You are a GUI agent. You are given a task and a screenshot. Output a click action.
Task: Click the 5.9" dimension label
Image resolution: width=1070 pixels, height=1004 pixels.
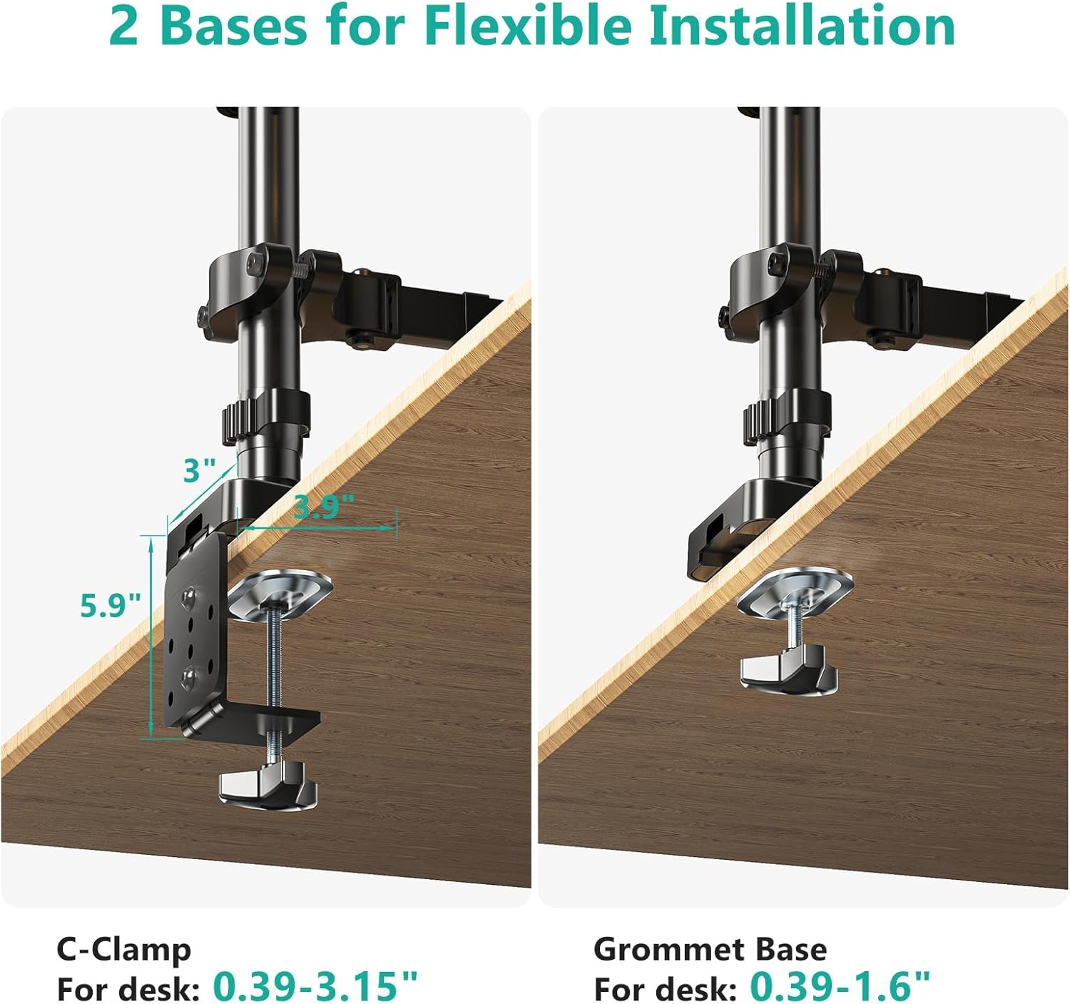(x=111, y=605)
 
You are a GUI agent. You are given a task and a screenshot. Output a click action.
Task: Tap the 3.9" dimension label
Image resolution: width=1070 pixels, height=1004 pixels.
(x=324, y=506)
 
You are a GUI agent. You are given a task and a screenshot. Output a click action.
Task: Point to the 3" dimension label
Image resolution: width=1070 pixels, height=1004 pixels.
(x=200, y=470)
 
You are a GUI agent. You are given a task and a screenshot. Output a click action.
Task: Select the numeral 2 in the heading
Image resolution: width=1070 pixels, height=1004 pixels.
(x=124, y=27)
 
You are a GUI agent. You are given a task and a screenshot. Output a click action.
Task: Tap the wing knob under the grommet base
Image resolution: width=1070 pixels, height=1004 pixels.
(x=788, y=672)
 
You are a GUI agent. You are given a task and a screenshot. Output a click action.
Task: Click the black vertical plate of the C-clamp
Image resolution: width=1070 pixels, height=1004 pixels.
(x=197, y=631)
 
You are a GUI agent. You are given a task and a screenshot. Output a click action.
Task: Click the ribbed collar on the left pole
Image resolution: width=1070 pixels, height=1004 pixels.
(x=265, y=416)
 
